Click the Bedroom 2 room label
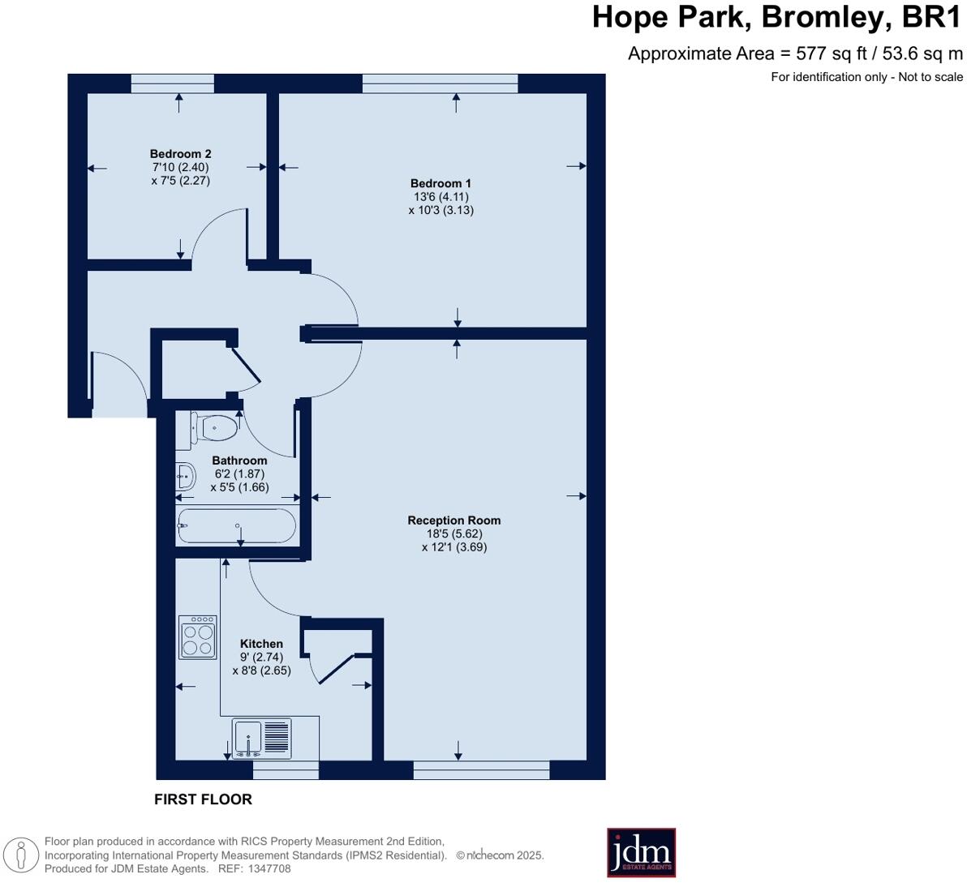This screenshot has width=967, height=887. (x=180, y=154)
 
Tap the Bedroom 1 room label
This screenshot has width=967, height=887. (x=441, y=183)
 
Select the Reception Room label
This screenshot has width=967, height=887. (x=453, y=521)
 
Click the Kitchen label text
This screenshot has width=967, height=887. (x=261, y=644)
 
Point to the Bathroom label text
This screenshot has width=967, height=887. (x=239, y=461)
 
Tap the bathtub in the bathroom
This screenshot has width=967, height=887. (x=236, y=525)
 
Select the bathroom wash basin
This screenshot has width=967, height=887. (x=185, y=477)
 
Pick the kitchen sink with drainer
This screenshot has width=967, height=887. (x=261, y=739)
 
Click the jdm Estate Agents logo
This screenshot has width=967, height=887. (x=641, y=852)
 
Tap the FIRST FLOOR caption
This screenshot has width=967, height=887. (x=203, y=799)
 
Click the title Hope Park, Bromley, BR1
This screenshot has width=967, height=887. (x=776, y=17)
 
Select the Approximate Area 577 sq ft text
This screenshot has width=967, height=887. (x=795, y=54)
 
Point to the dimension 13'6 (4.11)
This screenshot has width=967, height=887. (x=441, y=196)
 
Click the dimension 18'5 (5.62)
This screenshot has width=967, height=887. (x=454, y=533)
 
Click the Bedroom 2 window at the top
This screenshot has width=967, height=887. (x=172, y=83)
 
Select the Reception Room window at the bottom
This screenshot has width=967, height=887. (x=481, y=769)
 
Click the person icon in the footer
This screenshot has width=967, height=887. (x=20, y=855)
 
